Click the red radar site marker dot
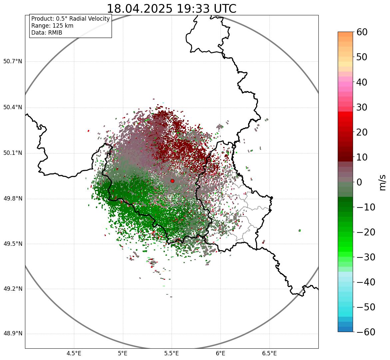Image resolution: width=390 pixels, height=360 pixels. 173,181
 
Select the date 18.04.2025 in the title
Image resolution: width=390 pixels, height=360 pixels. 140,9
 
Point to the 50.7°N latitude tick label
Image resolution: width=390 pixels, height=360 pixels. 13,61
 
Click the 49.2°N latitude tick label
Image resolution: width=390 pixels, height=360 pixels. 13,289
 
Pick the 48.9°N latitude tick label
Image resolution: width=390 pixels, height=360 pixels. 13,334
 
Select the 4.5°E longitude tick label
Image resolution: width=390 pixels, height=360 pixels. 74,354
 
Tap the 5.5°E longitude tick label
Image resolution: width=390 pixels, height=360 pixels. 172,354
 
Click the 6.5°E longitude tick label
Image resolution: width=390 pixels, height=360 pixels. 270,354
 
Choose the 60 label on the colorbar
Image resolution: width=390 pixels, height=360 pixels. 362,32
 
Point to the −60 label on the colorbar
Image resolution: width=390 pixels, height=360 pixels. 366,332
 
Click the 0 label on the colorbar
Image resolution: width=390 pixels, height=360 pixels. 359,182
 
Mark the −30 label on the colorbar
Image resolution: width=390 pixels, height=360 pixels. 366,257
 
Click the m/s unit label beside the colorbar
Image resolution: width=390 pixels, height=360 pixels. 383,182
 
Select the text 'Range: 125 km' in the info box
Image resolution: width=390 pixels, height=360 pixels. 52,26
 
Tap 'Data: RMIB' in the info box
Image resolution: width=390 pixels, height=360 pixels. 47,33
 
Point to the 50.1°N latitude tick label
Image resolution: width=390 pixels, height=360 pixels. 13,153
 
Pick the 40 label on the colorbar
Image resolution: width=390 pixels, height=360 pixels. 362,82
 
